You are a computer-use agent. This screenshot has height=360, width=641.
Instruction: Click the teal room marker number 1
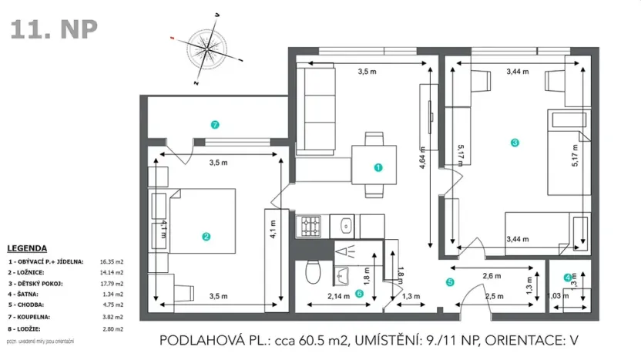coord(378,167)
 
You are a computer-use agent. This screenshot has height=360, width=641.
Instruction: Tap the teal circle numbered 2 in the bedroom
coord(206,237)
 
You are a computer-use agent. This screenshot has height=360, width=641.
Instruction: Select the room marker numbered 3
coord(515,142)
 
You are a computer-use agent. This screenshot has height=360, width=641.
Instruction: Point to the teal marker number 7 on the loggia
coord(216,123)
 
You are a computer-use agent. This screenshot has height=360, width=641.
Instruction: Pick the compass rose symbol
coord(206,48)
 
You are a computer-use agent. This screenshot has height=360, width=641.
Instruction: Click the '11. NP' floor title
coord(54,29)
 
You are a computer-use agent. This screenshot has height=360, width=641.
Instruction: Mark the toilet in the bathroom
coord(314,272)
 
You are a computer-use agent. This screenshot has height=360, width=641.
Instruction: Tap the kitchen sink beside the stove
coord(346,226)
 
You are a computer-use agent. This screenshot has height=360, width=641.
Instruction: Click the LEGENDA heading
coord(27,248)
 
